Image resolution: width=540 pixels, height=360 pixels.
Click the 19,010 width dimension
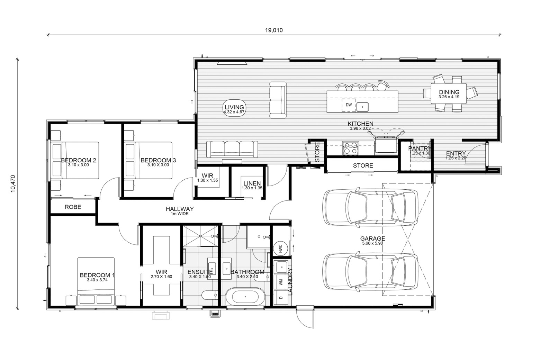tap(274, 30)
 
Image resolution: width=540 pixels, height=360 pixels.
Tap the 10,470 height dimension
tap(13, 184)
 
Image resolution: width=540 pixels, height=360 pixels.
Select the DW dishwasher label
tap(349, 105)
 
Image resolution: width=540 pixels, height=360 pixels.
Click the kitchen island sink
tap(362, 107)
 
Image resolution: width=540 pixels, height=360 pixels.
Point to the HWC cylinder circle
tap(281, 248)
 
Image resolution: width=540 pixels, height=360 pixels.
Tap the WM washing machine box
tap(281, 282)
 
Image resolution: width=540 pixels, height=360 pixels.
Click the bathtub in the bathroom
tap(245, 297)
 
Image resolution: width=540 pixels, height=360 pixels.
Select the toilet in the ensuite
tap(209, 295)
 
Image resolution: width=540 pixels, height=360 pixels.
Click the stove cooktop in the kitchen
tap(350, 148)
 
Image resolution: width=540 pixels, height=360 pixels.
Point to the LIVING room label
tap(234, 107)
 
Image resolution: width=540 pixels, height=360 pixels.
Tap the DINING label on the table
tap(449, 92)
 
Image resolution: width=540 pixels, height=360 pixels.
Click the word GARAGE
tap(372, 238)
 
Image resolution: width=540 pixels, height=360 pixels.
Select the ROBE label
tap(73, 207)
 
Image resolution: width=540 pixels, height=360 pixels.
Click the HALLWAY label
tap(180, 209)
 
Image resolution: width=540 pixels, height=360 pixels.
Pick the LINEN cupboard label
tap(252, 183)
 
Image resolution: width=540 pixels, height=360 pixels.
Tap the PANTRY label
tap(420, 148)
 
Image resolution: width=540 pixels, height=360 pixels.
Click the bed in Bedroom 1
tap(96, 281)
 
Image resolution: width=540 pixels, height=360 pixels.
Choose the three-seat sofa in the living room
tap(232, 149)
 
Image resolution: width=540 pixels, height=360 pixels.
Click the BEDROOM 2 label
tap(78, 160)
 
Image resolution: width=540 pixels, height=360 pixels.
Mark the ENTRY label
tap(456, 154)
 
